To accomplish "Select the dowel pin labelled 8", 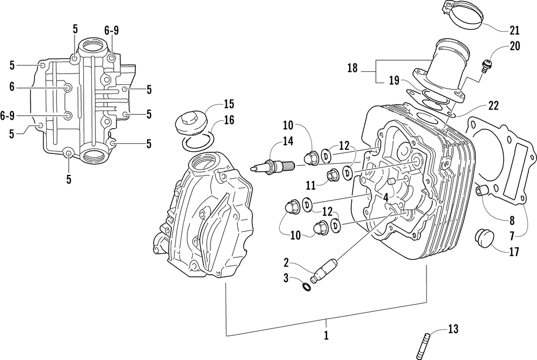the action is pyautogui.click(x=482, y=191).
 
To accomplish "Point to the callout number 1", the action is pyautogui.click(x=326, y=335).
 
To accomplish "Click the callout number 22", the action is pyautogui.click(x=493, y=106).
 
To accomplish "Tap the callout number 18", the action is pyautogui.click(x=352, y=69).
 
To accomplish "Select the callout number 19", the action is pyautogui.click(x=394, y=81).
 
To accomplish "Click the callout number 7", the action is pyautogui.click(x=512, y=236).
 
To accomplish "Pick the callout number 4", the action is pyautogui.click(x=386, y=197).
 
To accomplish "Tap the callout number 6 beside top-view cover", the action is pyautogui.click(x=12, y=87).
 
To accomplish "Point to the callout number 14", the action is pyautogui.click(x=288, y=141).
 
